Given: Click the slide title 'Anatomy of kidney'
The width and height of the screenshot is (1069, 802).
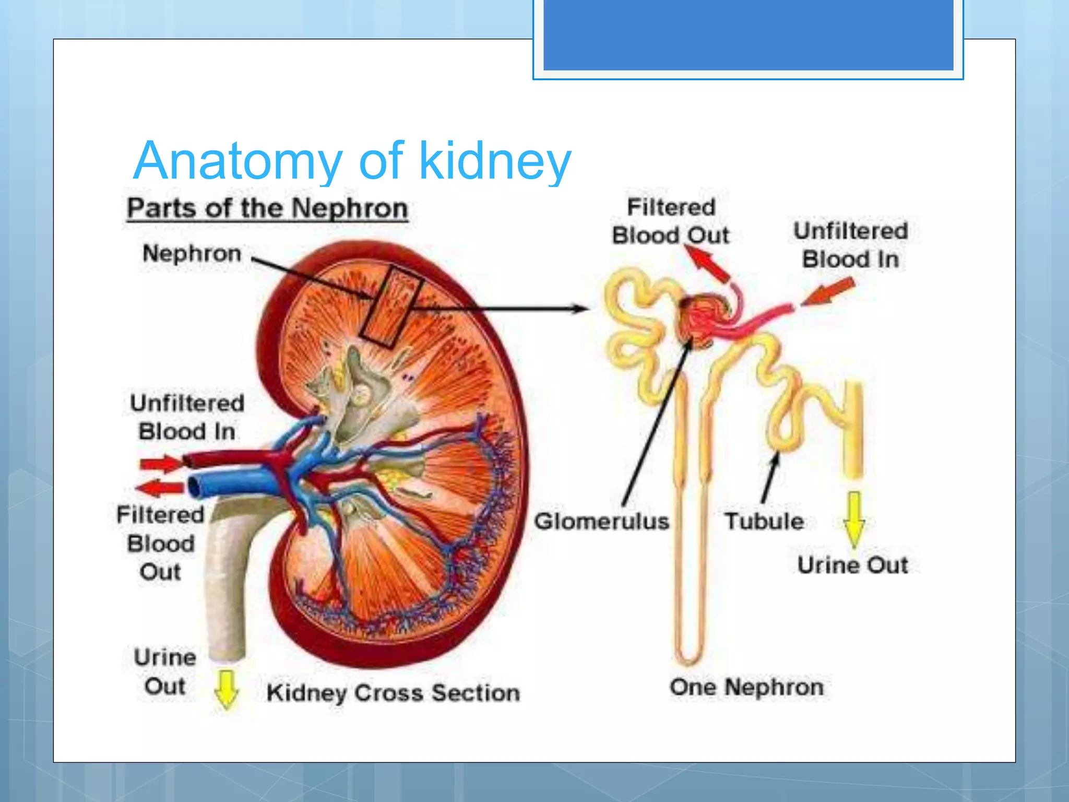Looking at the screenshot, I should point(352,161).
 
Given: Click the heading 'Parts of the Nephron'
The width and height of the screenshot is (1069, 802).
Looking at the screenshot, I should point(267,208).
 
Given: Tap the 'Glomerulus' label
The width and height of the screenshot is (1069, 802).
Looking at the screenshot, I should point(601,521).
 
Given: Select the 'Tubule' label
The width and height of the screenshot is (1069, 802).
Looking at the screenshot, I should point(764,521).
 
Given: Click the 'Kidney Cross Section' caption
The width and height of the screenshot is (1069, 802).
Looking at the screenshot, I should point(393,693).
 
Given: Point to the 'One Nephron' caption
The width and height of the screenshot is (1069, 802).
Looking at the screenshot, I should point(746,687).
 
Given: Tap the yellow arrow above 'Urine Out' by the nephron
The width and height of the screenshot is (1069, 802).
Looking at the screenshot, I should point(854,518).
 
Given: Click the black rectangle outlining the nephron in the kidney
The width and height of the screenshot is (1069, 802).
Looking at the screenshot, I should point(390,306).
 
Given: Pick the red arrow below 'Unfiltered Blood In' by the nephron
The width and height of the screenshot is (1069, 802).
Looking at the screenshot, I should point(829,291).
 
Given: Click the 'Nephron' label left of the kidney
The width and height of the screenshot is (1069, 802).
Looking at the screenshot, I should point(192,253).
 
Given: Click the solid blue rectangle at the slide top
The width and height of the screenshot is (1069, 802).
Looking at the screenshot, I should point(748,34).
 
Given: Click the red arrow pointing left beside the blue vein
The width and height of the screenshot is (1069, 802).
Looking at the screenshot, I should point(160,488).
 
